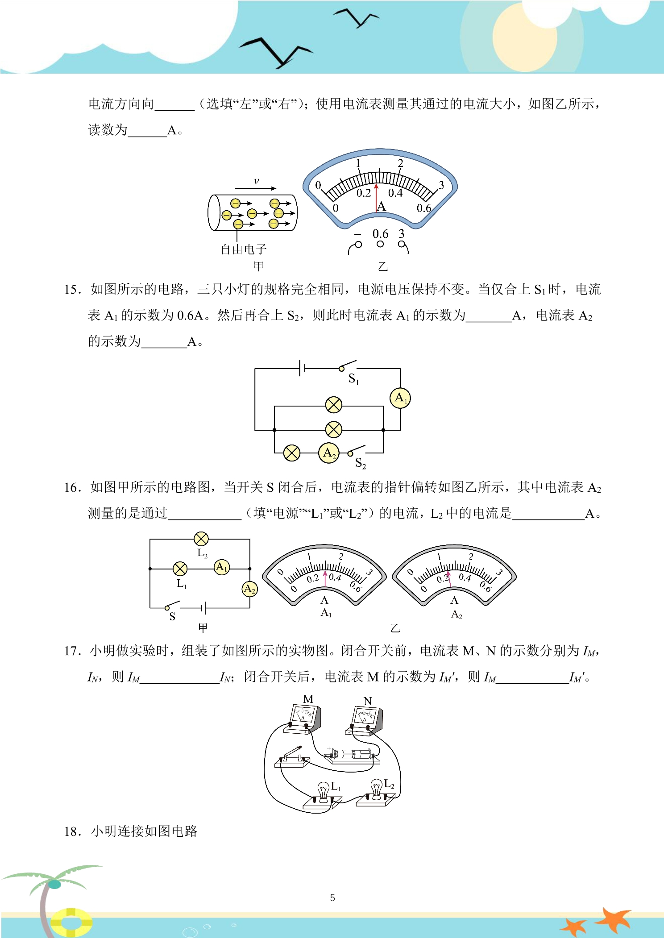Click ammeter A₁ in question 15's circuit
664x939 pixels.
pyautogui.click(x=400, y=398)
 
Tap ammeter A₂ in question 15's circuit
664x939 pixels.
pyautogui.click(x=329, y=453)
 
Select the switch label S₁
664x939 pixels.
pyautogui.click(x=353, y=379)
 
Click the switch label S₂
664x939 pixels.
pyautogui.click(x=361, y=463)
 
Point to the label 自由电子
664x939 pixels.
pyautogui.click(x=244, y=249)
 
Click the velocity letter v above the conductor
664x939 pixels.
pyautogui.click(x=256, y=181)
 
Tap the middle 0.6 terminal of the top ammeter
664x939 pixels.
pyautogui.click(x=380, y=244)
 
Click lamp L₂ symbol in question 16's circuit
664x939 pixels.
pyautogui.click(x=201, y=539)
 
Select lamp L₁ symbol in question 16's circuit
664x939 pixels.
pyautogui.click(x=180, y=569)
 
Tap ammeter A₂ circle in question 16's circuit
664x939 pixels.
pyautogui.click(x=250, y=589)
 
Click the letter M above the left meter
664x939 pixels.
pyautogui.click(x=308, y=699)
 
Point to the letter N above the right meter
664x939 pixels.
pyautogui.click(x=368, y=701)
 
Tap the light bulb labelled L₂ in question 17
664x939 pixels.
pyautogui.click(x=377, y=789)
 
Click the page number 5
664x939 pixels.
pyautogui.click(x=332, y=897)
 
